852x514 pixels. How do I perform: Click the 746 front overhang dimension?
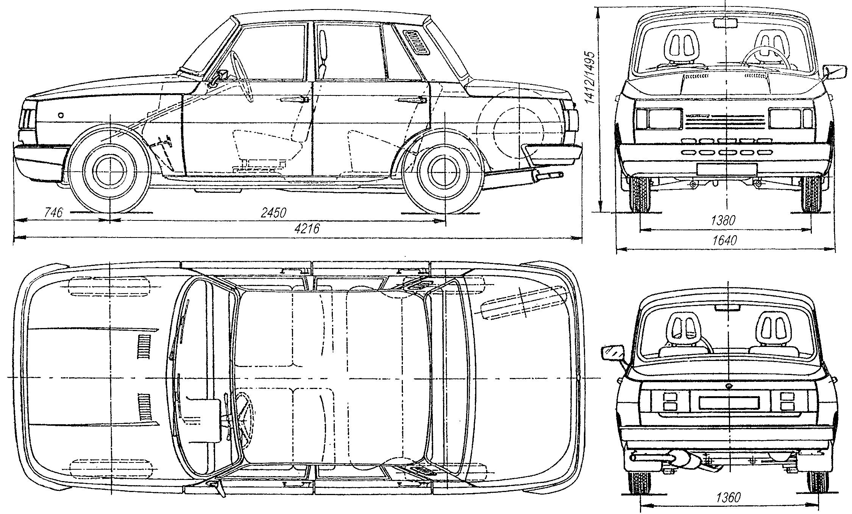53,212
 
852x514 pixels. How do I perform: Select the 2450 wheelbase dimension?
273,212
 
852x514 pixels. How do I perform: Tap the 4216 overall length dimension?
307,228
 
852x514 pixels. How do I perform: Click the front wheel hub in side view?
109,172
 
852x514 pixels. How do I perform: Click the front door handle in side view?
295,100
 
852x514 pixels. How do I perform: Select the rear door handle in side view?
412,100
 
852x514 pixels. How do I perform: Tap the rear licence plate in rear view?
729,402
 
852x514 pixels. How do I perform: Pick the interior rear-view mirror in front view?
726,23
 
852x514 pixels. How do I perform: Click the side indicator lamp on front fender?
61,115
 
